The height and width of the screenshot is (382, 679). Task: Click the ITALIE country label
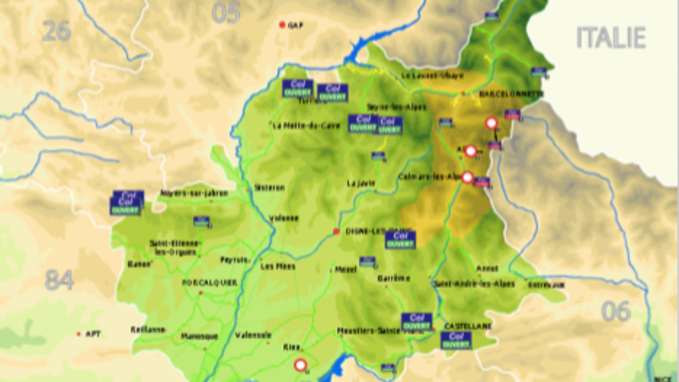611,38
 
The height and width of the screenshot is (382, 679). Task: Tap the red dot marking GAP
282,25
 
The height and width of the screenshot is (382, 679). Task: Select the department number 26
56,31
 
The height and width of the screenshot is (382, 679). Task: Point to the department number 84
59,280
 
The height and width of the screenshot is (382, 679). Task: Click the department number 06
616,311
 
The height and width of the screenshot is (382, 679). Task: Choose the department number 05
226,13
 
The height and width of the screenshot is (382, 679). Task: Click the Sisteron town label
269,188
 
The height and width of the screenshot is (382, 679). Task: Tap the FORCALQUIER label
210,283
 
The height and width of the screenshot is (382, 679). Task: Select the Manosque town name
199,336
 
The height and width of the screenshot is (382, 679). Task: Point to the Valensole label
253,335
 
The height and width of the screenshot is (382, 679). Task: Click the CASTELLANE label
468,326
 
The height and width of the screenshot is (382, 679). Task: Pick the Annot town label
487,268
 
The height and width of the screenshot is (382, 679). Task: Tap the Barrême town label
394,278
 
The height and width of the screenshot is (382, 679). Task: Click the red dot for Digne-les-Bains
336,231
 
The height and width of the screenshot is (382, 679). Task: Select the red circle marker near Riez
300,365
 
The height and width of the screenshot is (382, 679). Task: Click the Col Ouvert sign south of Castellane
456,340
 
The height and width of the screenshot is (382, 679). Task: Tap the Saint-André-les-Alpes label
474,284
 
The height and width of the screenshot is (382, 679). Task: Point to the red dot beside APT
79,334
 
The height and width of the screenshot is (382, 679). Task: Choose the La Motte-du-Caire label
298,126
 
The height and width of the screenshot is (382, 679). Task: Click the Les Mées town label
278,266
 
